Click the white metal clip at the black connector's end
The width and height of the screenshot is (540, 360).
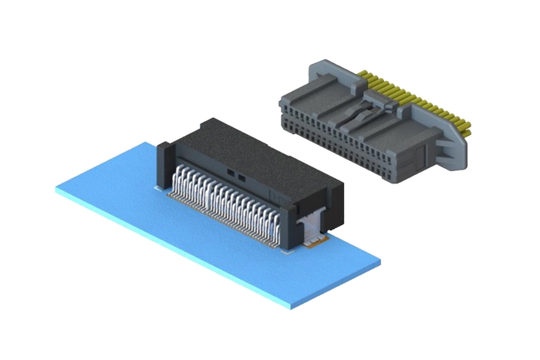[310, 227]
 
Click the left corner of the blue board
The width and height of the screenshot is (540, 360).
[58, 187]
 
